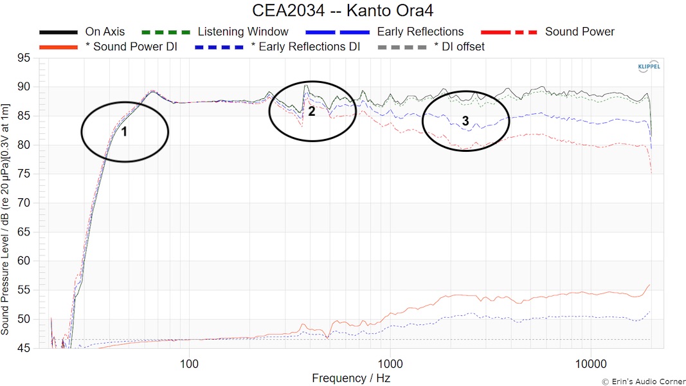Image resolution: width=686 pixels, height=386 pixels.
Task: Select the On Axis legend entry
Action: [105, 32]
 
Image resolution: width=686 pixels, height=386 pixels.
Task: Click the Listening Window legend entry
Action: [243, 32]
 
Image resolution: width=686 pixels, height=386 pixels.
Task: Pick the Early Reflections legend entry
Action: [420, 32]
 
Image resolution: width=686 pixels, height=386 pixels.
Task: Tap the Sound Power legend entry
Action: [579, 32]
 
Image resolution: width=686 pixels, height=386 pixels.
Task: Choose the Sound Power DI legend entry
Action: [131, 46]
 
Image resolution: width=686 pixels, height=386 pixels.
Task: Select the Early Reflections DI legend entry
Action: [305, 46]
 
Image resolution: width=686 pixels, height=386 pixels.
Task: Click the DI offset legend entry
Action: [459, 46]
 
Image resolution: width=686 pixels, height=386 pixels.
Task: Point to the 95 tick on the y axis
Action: [25, 58]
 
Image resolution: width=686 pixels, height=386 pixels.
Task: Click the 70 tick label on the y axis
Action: [25, 203]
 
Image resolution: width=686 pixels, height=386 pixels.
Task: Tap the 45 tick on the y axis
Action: [25, 348]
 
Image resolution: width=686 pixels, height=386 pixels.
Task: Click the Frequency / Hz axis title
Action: [351, 378]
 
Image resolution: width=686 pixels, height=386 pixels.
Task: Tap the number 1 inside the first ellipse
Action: [124, 131]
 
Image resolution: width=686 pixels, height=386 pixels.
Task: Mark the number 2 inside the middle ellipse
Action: [312, 111]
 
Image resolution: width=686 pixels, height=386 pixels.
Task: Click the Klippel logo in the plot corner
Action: [647, 67]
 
